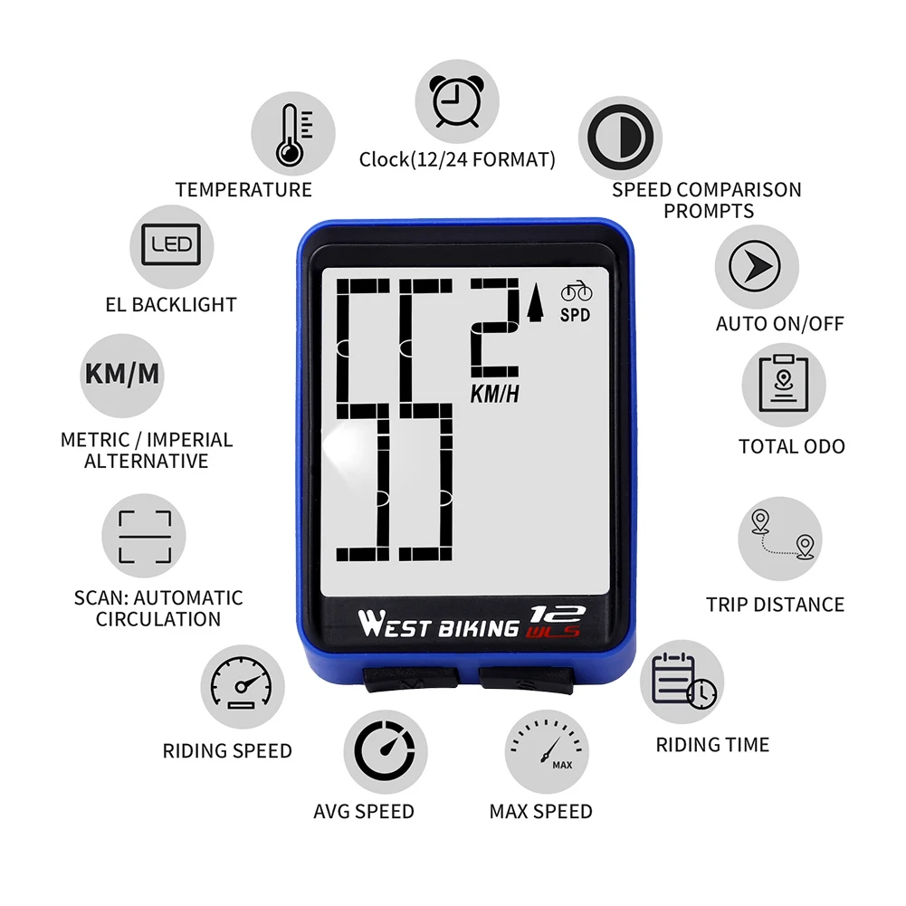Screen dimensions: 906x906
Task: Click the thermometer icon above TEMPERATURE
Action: pyautogui.click(x=291, y=133)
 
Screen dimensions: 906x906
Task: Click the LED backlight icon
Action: pyautogui.click(x=172, y=245)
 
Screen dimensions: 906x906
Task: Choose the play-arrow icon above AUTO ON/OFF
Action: pyautogui.click(x=756, y=265)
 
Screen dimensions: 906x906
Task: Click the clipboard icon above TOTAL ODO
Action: pyautogui.click(x=783, y=385)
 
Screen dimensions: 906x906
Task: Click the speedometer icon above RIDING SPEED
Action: pyautogui.click(x=242, y=690)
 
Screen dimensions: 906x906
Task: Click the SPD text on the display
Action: pyautogui.click(x=575, y=316)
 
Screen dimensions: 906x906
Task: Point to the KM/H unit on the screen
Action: pyautogui.click(x=495, y=394)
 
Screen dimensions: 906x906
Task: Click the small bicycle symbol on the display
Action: pyautogui.click(x=576, y=292)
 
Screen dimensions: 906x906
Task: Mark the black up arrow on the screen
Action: pyautogui.click(x=535, y=304)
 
